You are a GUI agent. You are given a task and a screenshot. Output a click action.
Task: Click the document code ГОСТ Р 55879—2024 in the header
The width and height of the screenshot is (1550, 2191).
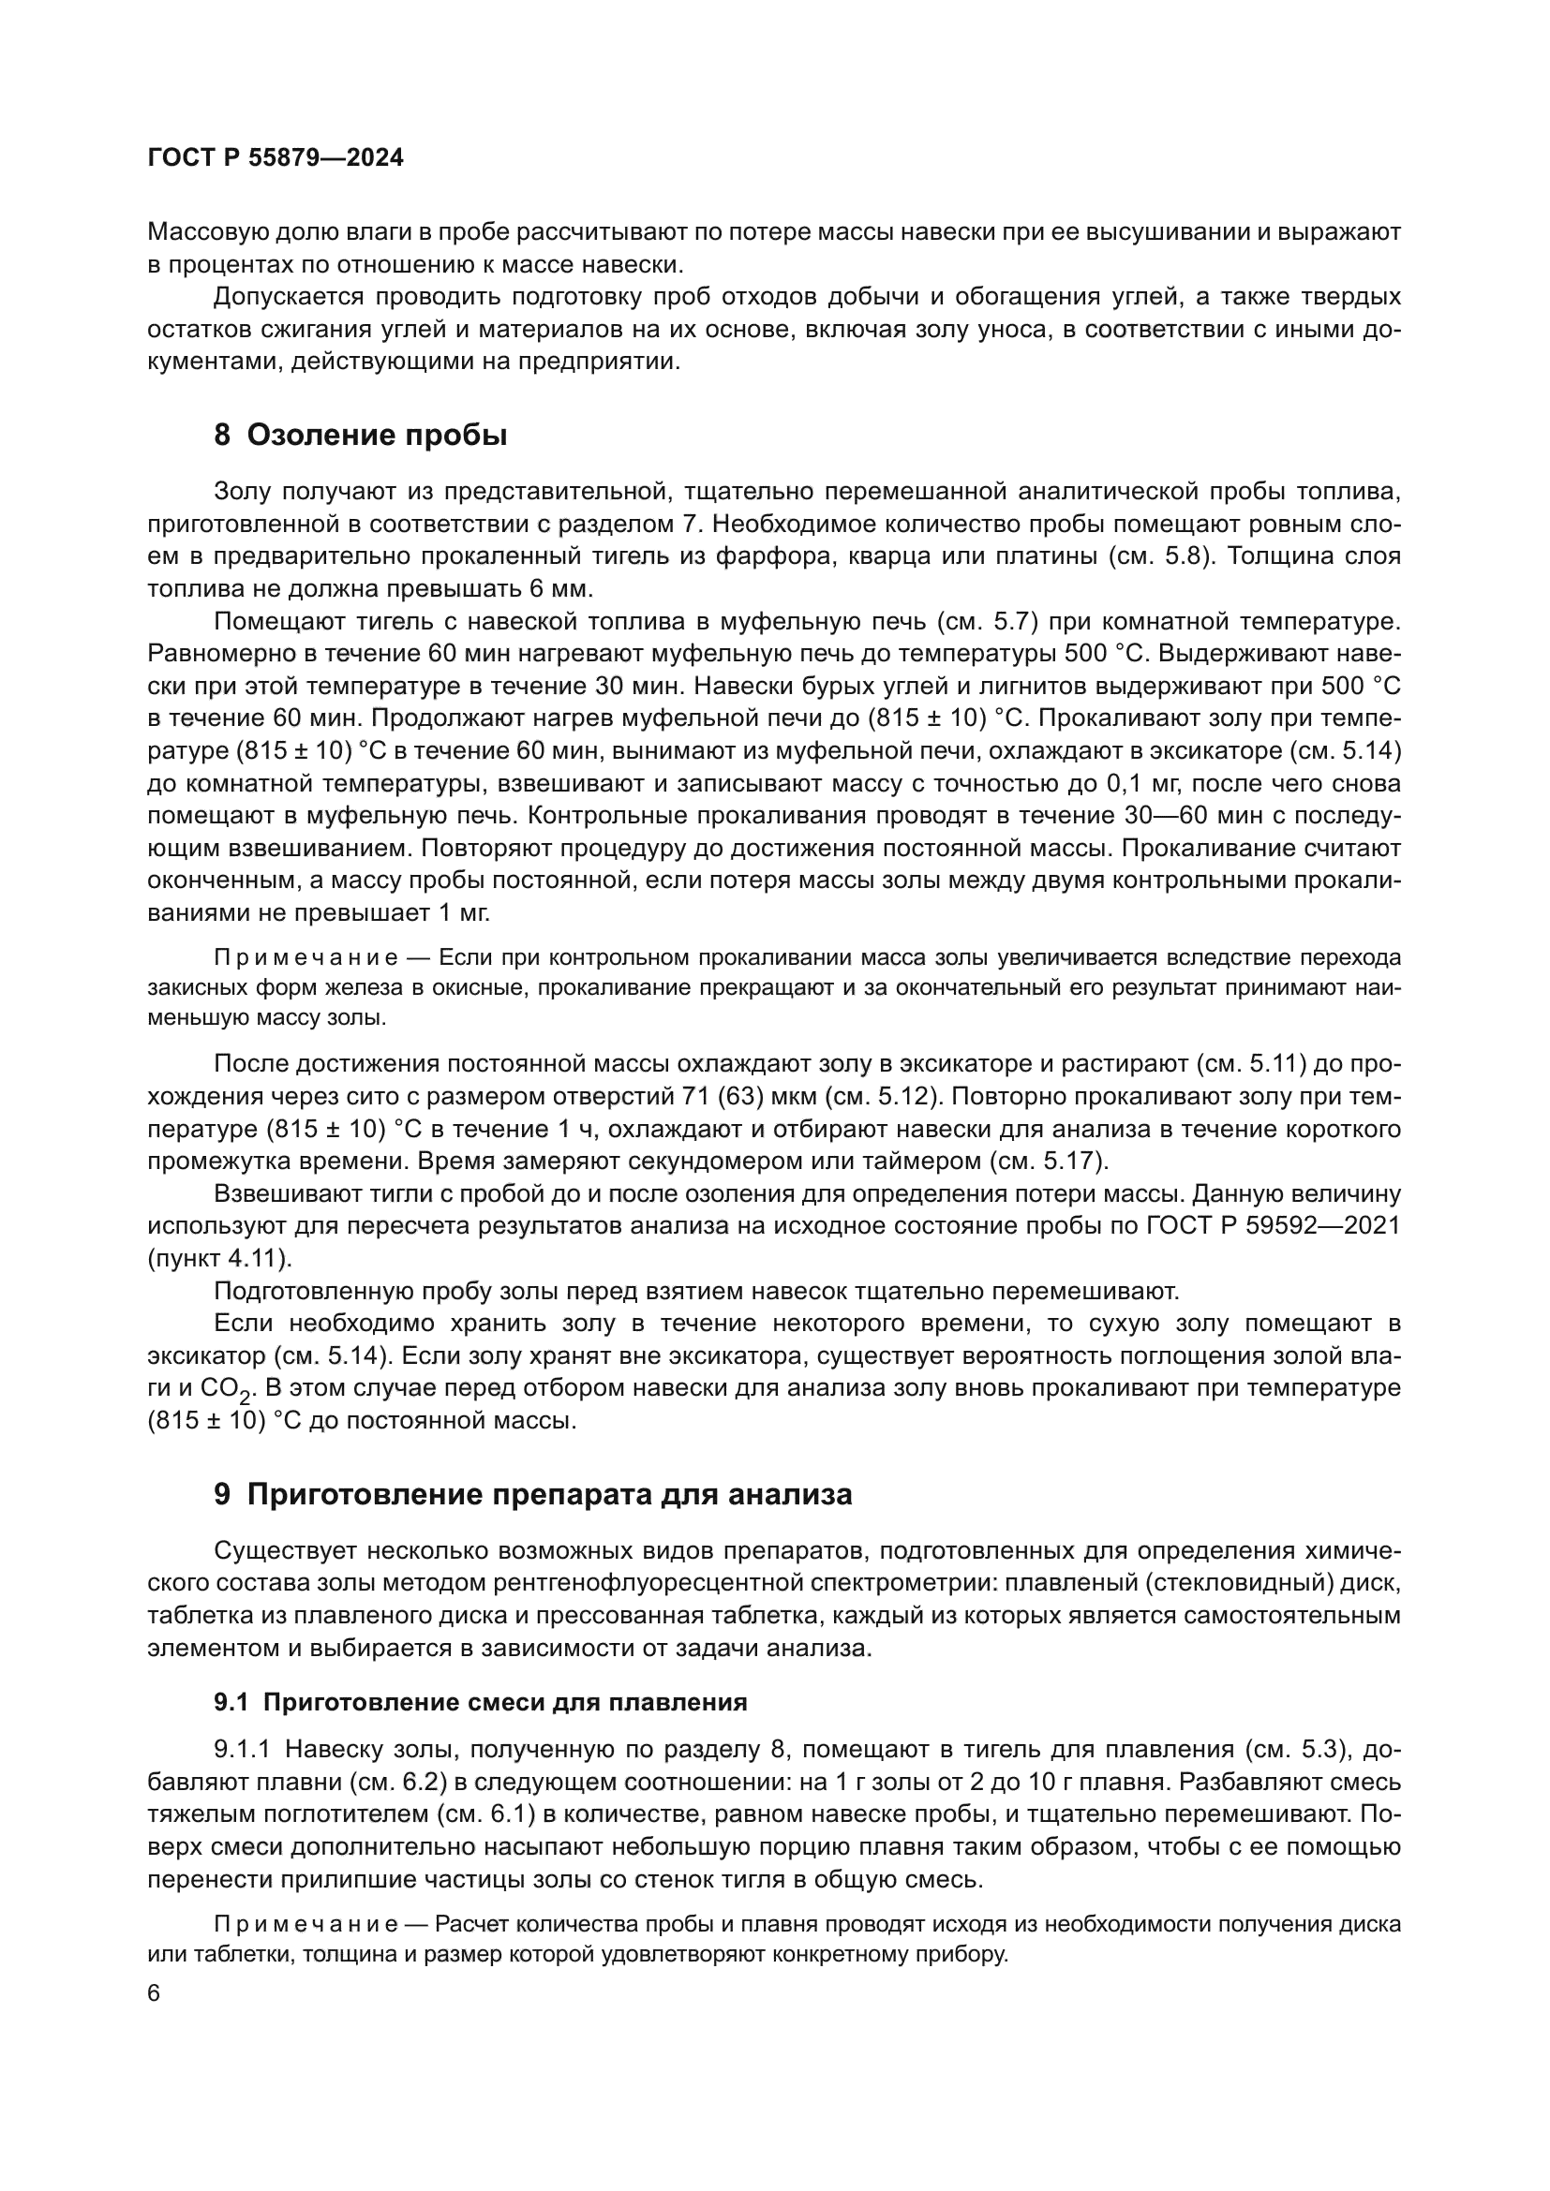coord(276,158)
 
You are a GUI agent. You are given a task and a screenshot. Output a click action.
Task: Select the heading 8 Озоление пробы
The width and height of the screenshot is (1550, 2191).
coord(361,437)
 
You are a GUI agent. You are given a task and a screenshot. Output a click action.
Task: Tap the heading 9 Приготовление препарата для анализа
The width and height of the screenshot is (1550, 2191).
coord(532,1495)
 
